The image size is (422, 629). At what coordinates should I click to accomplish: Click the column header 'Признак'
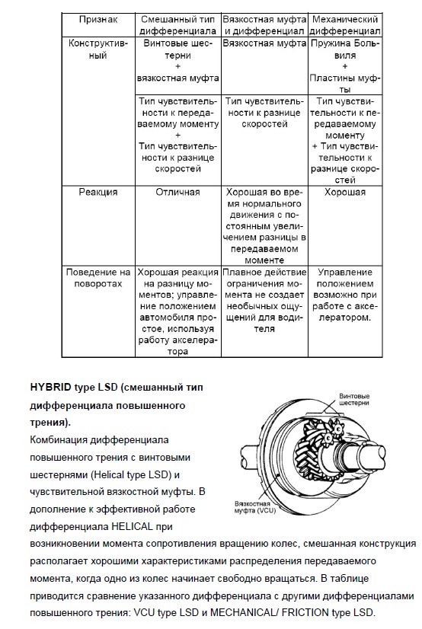(98, 19)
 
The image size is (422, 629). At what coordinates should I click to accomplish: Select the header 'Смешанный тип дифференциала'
(178, 25)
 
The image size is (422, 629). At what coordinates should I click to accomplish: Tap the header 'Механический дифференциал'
(345, 25)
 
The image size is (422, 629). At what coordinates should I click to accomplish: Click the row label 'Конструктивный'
(98, 49)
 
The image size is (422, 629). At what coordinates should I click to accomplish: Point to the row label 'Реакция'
(98, 192)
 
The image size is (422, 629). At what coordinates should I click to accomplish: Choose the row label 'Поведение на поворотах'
(98, 278)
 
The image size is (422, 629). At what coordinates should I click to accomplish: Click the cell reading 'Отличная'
(177, 192)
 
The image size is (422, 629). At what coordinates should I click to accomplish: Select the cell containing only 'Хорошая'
(345, 192)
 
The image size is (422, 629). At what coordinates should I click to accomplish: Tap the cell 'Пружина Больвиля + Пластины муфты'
(345, 66)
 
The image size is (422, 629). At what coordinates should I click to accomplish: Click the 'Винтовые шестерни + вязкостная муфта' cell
(178, 61)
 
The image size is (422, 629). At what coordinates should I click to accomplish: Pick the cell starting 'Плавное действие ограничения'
(265, 301)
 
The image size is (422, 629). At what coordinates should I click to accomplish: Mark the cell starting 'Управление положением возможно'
(345, 295)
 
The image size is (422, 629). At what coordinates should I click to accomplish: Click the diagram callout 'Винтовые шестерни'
(354, 400)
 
